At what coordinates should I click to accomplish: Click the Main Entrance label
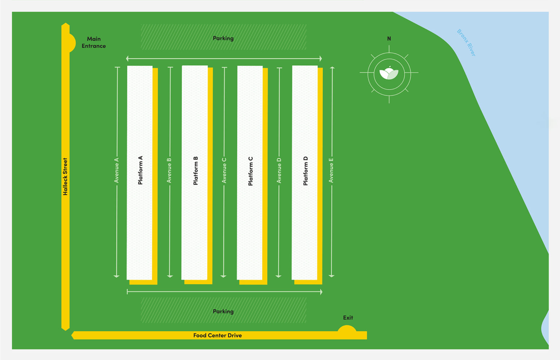click(x=94, y=42)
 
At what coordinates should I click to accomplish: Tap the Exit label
click(x=348, y=318)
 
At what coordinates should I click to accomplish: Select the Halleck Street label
click(x=65, y=177)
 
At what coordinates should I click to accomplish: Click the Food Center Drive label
click(x=217, y=336)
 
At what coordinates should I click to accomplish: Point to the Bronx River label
click(x=466, y=43)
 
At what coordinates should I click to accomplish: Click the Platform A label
click(x=140, y=170)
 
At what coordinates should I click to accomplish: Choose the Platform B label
click(x=195, y=171)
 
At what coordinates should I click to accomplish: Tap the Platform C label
click(x=250, y=171)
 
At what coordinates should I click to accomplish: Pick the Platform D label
click(x=306, y=171)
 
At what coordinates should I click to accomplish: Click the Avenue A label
click(x=117, y=170)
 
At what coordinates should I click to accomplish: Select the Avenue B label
click(x=169, y=170)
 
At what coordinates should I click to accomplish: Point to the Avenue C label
click(x=224, y=170)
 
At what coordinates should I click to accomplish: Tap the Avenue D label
click(x=279, y=170)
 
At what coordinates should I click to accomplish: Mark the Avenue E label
click(x=331, y=170)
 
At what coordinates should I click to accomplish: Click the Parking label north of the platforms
click(x=223, y=38)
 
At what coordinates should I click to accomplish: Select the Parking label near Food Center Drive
click(x=223, y=312)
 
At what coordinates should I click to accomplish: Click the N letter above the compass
click(x=389, y=39)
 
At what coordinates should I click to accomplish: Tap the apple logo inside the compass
click(x=389, y=73)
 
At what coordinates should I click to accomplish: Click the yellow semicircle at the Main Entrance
click(x=72, y=43)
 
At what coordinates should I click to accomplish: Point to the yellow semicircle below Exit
click(x=347, y=329)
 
